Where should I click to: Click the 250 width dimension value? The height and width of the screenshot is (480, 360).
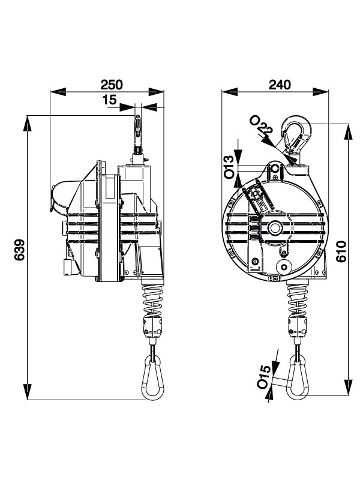(x=112, y=84)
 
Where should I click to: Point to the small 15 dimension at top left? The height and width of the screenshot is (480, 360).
(x=110, y=101)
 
